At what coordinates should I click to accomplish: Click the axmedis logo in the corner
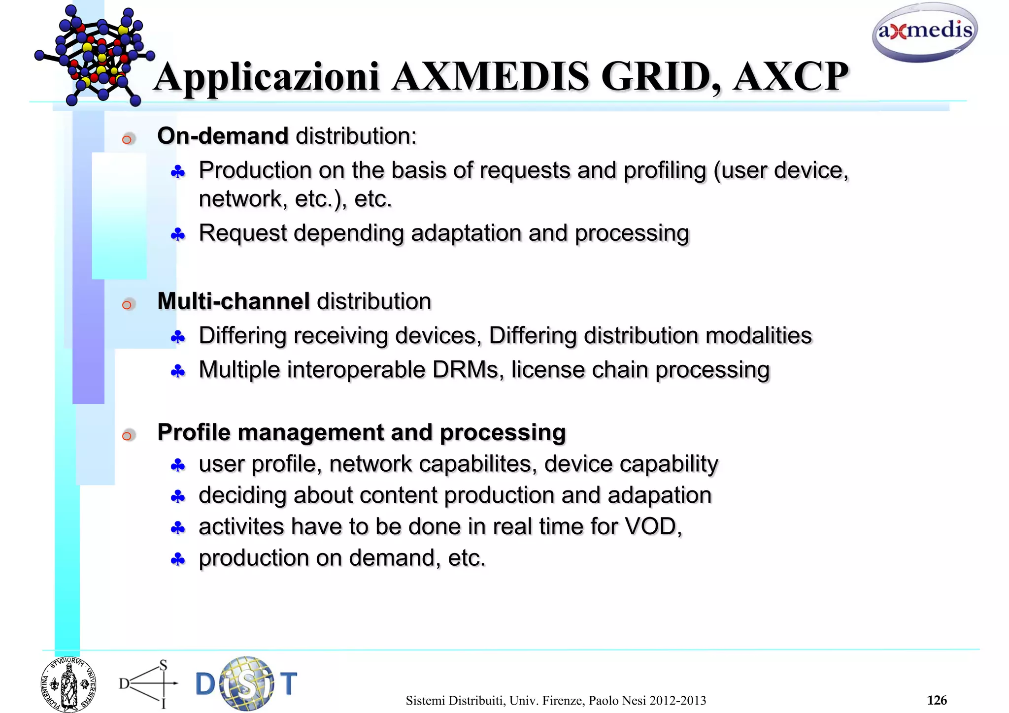click(x=925, y=32)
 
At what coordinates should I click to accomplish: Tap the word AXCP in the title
click(x=790, y=77)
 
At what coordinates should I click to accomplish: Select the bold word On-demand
click(x=223, y=136)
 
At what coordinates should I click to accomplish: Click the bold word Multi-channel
click(x=233, y=301)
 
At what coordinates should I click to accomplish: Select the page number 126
click(x=936, y=700)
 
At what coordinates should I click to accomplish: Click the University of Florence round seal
click(x=68, y=684)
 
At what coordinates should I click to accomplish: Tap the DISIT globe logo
click(x=246, y=684)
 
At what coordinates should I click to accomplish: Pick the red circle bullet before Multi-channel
click(x=128, y=305)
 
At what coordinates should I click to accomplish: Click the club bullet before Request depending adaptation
click(x=178, y=235)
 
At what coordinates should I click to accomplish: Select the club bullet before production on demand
click(x=178, y=559)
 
